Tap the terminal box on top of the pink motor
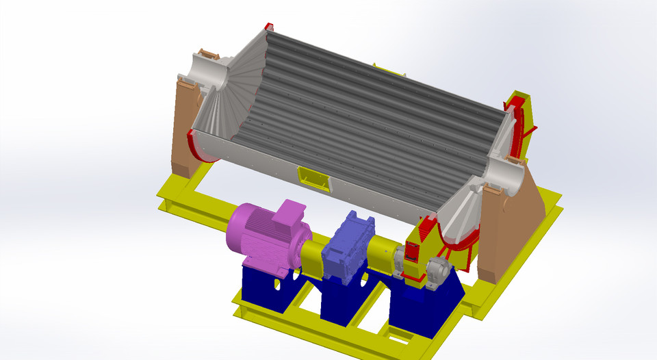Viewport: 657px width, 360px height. (x=289, y=213)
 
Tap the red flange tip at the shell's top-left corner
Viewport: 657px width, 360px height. (x=268, y=27)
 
